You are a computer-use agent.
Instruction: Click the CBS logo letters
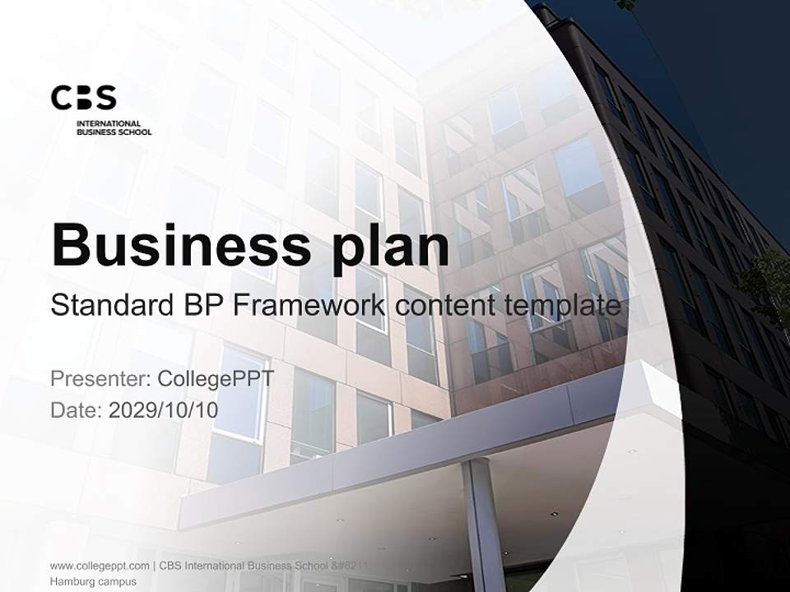(x=83, y=97)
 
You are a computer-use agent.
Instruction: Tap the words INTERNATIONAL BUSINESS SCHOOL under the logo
(x=114, y=127)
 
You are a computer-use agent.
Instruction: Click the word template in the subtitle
(x=561, y=306)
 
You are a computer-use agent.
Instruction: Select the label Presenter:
(x=100, y=379)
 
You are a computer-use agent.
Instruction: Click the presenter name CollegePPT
(x=215, y=379)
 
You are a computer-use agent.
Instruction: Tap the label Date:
(x=77, y=409)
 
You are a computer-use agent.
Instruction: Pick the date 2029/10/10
(x=164, y=409)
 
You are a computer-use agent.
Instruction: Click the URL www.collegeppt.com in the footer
(x=100, y=566)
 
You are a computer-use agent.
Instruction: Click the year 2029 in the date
(x=132, y=409)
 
